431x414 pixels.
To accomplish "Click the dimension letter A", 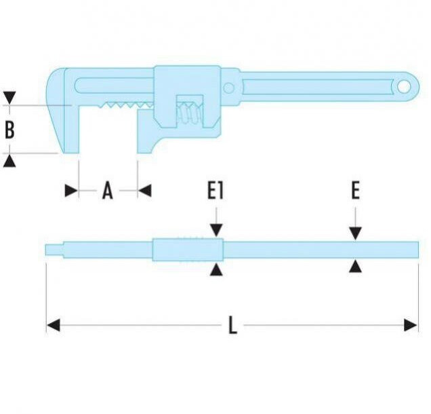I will pyautogui.click(x=107, y=191).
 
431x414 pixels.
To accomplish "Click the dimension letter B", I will pyautogui.click(x=9, y=130).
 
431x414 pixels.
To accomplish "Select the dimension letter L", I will pyautogui.click(x=232, y=326).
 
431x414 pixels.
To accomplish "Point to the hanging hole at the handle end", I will pyautogui.click(x=405, y=86).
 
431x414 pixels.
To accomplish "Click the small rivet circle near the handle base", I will pyautogui.click(x=230, y=88).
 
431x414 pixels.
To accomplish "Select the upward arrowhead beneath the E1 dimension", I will pyautogui.click(x=215, y=269).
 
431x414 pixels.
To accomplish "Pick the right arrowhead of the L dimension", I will pyautogui.click(x=411, y=326).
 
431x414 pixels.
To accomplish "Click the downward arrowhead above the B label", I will pyautogui.click(x=9, y=98).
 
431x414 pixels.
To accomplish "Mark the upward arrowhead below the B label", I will pyautogui.click(x=9, y=161).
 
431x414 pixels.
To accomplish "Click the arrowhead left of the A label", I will pyautogui.click(x=71, y=191).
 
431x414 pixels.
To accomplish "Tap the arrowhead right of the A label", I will pyautogui.click(x=144, y=191).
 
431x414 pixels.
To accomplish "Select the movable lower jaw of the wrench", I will pyautogui.click(x=146, y=132).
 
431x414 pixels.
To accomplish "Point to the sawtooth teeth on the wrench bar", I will pyautogui.click(x=125, y=107).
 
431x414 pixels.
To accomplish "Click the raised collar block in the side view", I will pyautogui.click(x=187, y=250).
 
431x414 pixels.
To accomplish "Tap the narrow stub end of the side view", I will pyautogui.click(x=54, y=250).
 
